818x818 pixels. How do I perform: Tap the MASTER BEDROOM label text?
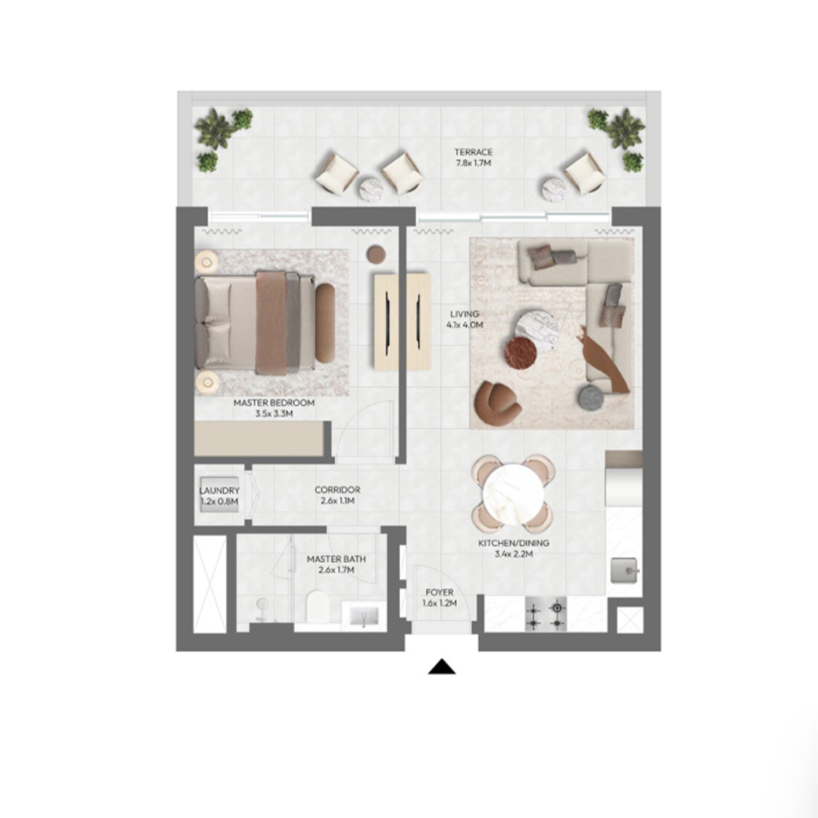pos(274,403)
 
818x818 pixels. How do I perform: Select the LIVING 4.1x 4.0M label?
pos(465,319)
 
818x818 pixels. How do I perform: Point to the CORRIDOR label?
pos(337,495)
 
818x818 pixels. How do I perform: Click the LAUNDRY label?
pos(219,496)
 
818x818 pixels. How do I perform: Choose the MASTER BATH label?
pos(336,564)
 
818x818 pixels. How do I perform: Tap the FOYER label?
pos(440,598)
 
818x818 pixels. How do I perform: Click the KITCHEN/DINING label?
pos(514,549)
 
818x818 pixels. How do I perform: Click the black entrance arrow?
pos(442,667)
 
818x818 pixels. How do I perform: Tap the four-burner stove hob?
pos(546,615)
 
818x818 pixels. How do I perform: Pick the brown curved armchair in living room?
pos(497,402)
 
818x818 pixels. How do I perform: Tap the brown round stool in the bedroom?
pos(376,254)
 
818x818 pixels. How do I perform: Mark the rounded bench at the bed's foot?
pos(325,323)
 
